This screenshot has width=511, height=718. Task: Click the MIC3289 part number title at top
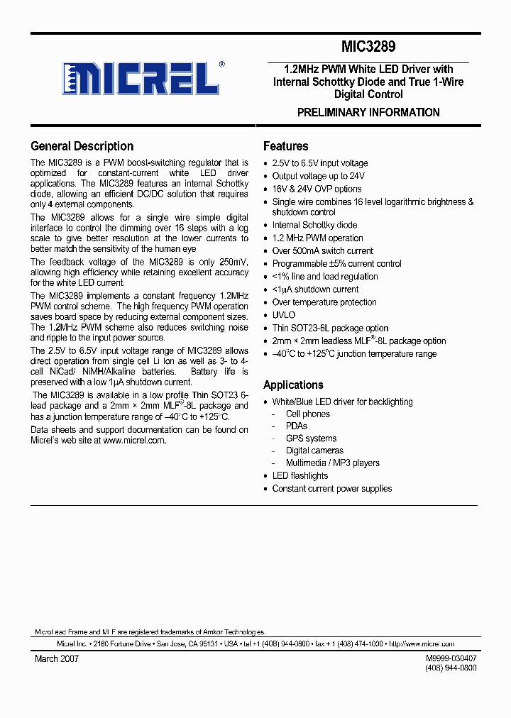pyautogui.click(x=368, y=48)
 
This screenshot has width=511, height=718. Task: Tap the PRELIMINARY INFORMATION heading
pyautogui.click(x=368, y=112)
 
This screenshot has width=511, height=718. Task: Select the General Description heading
pyautogui.click(x=82, y=146)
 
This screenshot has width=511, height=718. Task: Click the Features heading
pyautogui.click(x=285, y=146)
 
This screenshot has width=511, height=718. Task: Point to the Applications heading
pyautogui.click(x=293, y=385)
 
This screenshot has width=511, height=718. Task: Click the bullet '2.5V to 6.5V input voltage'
pyautogui.click(x=319, y=163)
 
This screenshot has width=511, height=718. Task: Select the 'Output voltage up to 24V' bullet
pyautogui.click(x=318, y=176)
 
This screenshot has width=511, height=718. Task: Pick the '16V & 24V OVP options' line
pyautogui.click(x=317, y=189)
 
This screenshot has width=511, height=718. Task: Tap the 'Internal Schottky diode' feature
pyautogui.click(x=314, y=225)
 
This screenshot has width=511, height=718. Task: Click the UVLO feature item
pyautogui.click(x=283, y=315)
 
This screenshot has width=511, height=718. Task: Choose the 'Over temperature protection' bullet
pyautogui.click(x=324, y=302)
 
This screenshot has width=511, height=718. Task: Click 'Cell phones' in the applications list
pyautogui.click(x=307, y=414)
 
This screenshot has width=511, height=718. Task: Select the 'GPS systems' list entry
pyautogui.click(x=311, y=438)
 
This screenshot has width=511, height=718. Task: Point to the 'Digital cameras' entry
pyautogui.click(x=314, y=451)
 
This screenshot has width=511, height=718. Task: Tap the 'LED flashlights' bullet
pyautogui.click(x=300, y=475)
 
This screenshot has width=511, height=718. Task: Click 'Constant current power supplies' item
pyautogui.click(x=331, y=488)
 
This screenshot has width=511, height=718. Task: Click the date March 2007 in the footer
pyautogui.click(x=57, y=658)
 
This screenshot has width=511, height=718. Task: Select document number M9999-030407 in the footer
pyautogui.click(x=451, y=658)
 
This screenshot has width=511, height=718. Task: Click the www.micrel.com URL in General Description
pyautogui.click(x=134, y=440)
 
